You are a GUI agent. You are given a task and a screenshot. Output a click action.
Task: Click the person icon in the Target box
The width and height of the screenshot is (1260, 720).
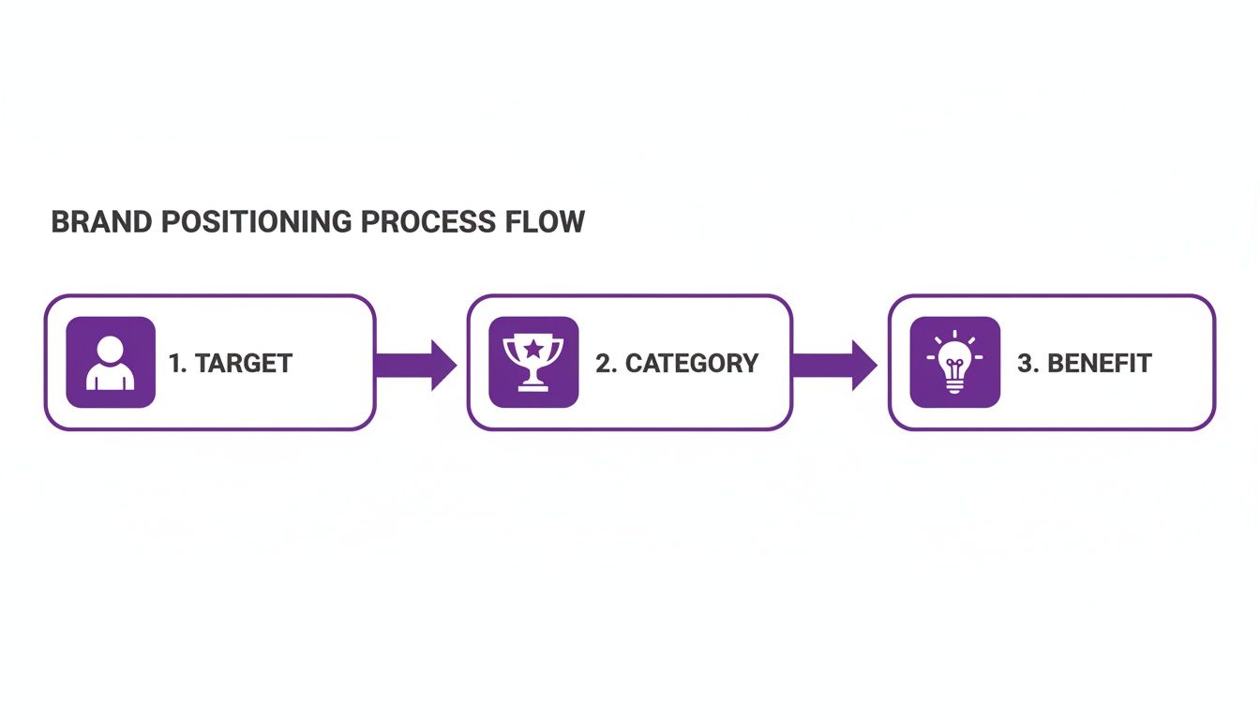pos(111,362)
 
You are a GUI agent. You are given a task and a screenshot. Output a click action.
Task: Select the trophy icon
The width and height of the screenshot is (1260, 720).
pos(533,362)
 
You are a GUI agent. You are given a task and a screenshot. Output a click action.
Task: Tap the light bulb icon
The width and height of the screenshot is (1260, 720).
pos(955,362)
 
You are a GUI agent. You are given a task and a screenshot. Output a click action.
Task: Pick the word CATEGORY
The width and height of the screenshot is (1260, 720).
pos(692,364)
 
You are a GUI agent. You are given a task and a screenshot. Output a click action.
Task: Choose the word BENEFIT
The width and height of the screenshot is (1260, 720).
pos(1099,364)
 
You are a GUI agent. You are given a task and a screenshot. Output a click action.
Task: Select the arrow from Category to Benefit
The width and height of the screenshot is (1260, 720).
pos(835,365)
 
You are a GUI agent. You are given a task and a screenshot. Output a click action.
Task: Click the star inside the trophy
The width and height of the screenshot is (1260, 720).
pos(533,349)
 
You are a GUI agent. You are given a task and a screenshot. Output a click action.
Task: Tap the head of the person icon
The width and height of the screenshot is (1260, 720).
pos(111,349)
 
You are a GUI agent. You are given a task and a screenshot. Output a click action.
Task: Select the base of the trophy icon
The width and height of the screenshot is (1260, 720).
pos(533,383)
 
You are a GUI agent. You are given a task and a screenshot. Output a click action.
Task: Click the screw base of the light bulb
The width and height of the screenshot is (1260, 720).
pos(955,385)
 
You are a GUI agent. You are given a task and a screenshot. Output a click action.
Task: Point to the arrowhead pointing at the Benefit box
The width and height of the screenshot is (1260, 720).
pos(863,365)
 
